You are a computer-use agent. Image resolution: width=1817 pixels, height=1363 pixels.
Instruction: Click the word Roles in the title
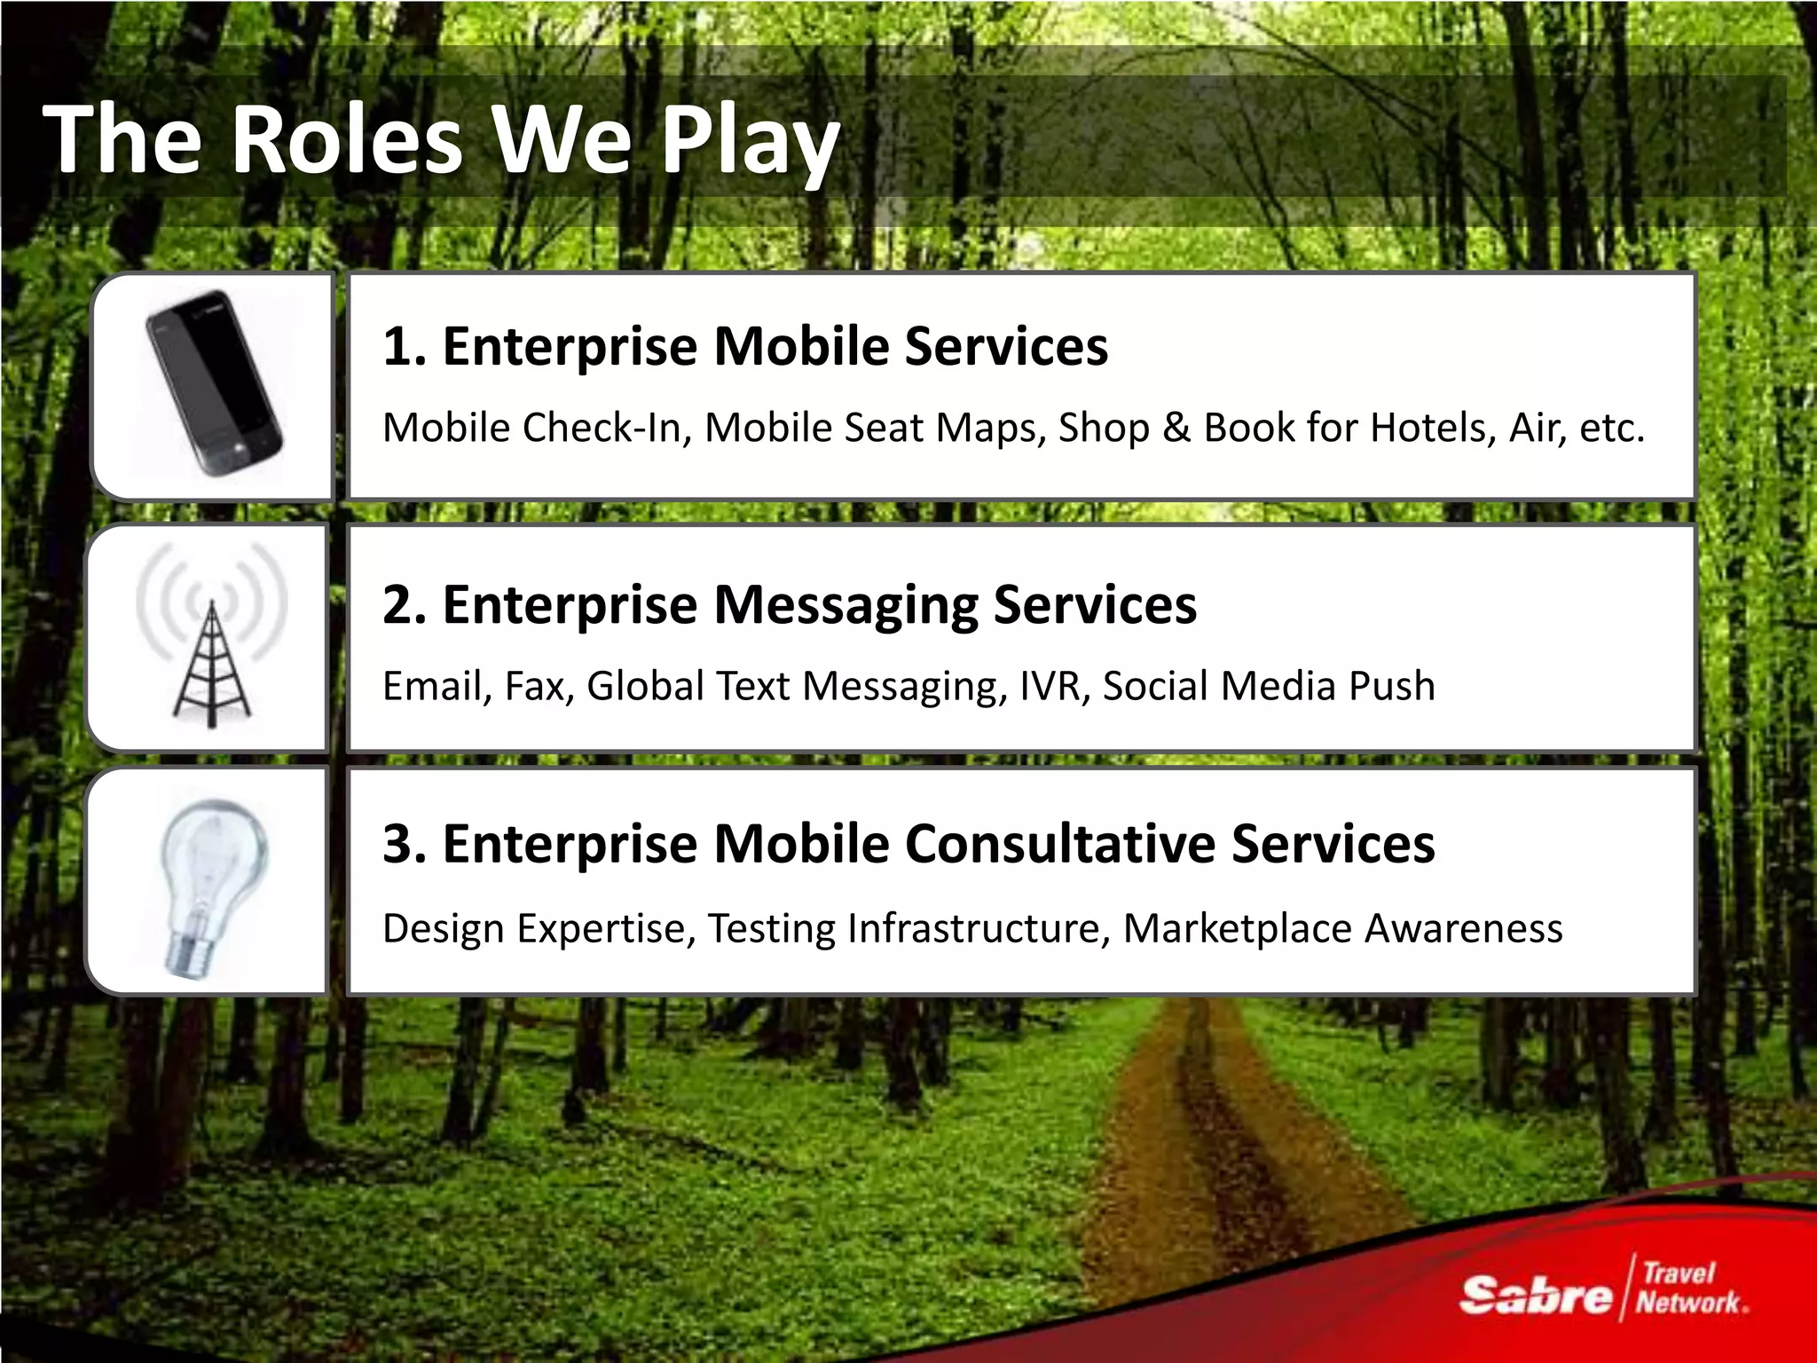pyautogui.click(x=346, y=140)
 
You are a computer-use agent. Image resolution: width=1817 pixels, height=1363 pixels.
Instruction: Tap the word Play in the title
pyautogui.click(x=751, y=142)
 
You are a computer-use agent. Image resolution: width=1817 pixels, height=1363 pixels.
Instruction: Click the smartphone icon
pyautogui.click(x=214, y=383)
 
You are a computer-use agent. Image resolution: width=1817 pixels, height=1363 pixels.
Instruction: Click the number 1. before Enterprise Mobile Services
pyautogui.click(x=405, y=346)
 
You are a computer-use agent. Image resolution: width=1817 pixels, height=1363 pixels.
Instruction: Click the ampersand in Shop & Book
pyautogui.click(x=1176, y=428)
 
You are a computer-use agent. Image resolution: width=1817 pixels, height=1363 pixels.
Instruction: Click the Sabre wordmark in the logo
pyautogui.click(x=1535, y=1296)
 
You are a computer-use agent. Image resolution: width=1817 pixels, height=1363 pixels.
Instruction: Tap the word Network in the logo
pyautogui.click(x=1689, y=1303)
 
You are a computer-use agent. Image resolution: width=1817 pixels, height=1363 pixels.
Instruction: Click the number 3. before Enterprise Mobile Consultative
pyautogui.click(x=405, y=844)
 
